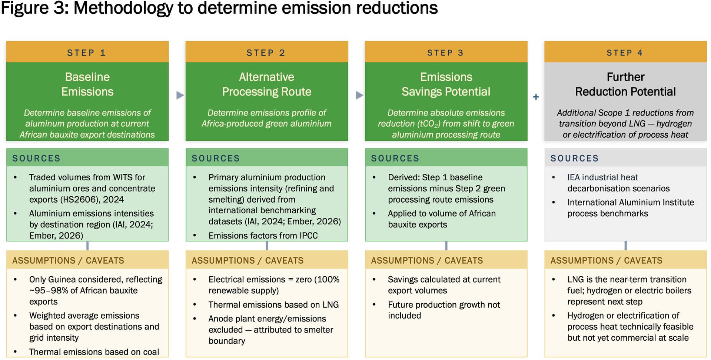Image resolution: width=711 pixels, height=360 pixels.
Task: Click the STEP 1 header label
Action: pos(86,53)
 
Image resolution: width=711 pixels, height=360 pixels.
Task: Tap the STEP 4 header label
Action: pos(625,53)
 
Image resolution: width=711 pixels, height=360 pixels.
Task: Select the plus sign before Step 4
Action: pos(536,97)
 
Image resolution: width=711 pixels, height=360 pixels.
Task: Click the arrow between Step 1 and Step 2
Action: pos(180,95)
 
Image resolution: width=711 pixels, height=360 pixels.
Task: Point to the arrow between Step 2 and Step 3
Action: pos(359,95)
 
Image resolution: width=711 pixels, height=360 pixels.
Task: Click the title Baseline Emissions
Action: pos(87,84)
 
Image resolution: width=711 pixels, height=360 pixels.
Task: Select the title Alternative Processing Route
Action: pos(267,84)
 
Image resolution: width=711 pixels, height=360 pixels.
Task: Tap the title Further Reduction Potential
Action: pos(625,84)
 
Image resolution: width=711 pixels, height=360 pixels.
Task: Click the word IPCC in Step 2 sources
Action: pos(306,236)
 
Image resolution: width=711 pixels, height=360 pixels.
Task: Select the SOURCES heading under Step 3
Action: pos(395,159)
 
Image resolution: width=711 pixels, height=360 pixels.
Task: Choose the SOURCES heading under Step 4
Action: pos(574,159)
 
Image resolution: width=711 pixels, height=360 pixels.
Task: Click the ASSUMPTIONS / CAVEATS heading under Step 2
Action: pos(247,261)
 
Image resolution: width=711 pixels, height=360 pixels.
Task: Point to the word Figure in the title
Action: pos(25,8)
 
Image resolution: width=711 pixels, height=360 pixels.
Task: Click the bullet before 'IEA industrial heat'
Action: pos(554,178)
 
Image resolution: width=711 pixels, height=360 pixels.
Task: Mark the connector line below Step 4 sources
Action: pos(625,246)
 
